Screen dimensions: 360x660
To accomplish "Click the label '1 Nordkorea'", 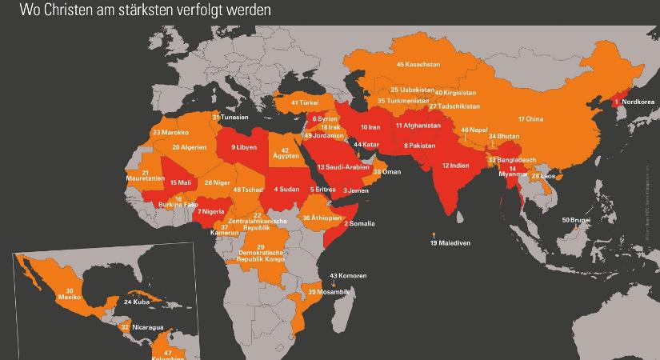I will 637,102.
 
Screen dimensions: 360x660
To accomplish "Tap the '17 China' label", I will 530,119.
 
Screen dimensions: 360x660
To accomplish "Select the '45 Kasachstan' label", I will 418,63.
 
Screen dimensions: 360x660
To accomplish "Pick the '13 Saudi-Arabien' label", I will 343,166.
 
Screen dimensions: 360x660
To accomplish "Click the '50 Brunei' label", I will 577,219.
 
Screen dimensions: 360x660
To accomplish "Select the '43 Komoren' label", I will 348,275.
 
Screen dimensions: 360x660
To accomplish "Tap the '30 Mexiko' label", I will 70,294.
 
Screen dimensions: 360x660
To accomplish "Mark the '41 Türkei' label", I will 306,103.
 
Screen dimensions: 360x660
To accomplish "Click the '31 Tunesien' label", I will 230,117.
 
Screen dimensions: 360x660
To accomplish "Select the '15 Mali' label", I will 181,182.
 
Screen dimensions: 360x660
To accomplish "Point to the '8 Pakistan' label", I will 419,146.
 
